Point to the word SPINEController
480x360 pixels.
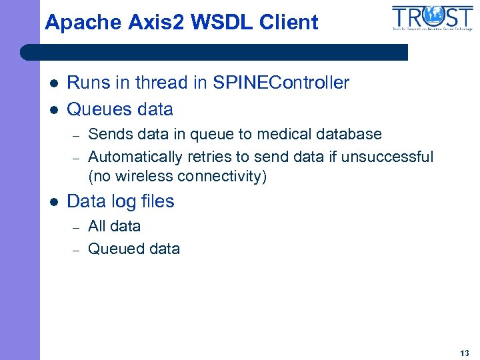[281, 83]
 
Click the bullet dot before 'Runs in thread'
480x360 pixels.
[55, 83]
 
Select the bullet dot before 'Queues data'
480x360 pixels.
[55, 109]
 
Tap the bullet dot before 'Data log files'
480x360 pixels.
[55, 202]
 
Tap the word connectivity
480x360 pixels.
[221, 177]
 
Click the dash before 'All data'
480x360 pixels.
[77, 227]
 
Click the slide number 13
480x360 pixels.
[464, 353]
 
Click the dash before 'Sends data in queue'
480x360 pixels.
[77, 135]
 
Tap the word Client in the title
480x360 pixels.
[292, 23]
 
